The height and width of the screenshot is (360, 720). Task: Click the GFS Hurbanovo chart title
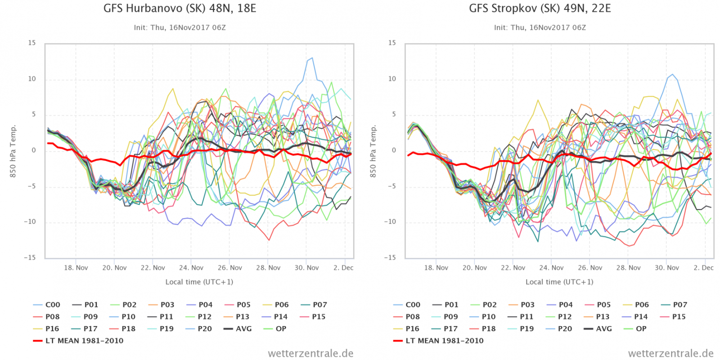180,9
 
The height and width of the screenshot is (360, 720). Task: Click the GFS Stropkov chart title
540,9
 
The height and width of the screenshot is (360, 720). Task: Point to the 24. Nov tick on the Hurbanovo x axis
191,268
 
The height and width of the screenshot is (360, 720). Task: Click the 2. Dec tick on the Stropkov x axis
703,268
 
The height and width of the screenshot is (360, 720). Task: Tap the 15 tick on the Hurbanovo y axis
32,43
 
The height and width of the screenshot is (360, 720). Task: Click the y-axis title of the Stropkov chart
373,151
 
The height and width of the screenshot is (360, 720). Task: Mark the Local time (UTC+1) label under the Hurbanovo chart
199,282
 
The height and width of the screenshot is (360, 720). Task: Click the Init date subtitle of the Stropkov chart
540,27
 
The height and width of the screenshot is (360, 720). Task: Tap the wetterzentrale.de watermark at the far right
670,354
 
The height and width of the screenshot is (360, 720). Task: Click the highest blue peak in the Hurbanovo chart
312,58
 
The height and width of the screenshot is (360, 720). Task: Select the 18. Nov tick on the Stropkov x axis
436,268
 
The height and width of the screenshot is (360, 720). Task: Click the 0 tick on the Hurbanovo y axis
34,150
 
